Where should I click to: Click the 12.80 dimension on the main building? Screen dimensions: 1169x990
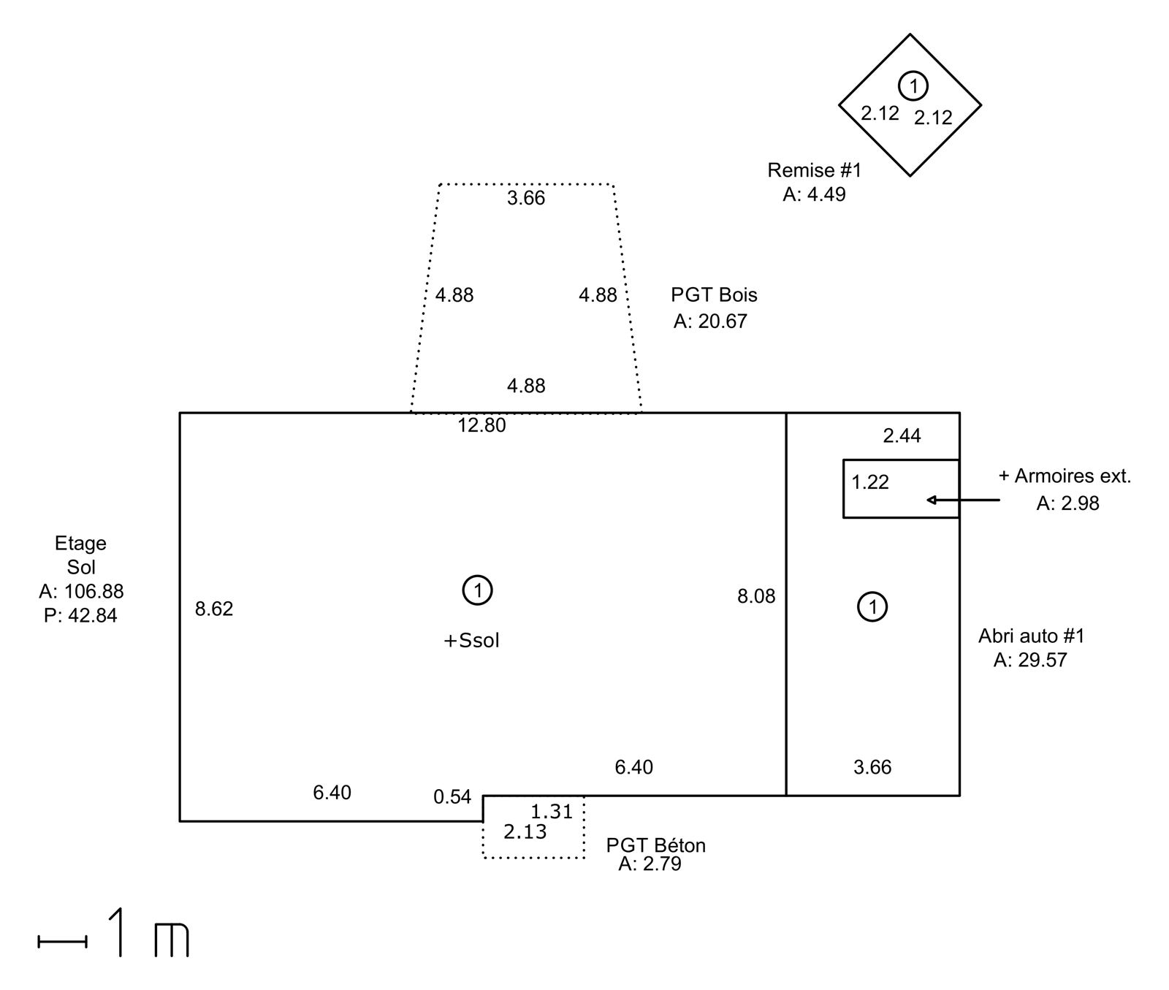(x=481, y=425)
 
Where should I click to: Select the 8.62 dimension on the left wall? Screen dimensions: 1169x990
(x=214, y=609)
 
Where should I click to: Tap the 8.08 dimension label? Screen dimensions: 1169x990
(x=756, y=597)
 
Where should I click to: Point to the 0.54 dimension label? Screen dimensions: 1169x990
(x=452, y=797)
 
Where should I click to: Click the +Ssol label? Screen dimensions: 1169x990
(x=472, y=641)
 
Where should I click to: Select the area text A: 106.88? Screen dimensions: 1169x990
(x=81, y=591)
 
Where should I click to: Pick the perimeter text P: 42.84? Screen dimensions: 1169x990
(x=80, y=616)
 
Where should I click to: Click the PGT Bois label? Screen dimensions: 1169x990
(x=714, y=295)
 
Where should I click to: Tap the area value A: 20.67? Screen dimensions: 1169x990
(x=710, y=321)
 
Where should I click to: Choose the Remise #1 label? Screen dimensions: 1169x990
(x=815, y=170)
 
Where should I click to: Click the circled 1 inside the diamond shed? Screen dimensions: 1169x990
(x=913, y=86)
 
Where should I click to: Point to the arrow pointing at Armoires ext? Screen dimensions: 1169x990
(x=963, y=500)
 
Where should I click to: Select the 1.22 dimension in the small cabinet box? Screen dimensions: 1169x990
(x=870, y=482)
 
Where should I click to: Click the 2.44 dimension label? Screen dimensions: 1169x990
(x=902, y=436)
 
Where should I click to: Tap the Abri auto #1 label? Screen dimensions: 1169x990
(x=1032, y=636)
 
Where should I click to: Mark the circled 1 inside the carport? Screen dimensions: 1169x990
(x=872, y=606)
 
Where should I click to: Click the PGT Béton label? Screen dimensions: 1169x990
(x=656, y=845)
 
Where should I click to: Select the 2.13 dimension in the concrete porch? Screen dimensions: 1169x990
(x=525, y=832)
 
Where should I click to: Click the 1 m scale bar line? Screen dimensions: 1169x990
(x=63, y=943)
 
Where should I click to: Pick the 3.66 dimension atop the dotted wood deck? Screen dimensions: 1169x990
(x=526, y=199)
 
